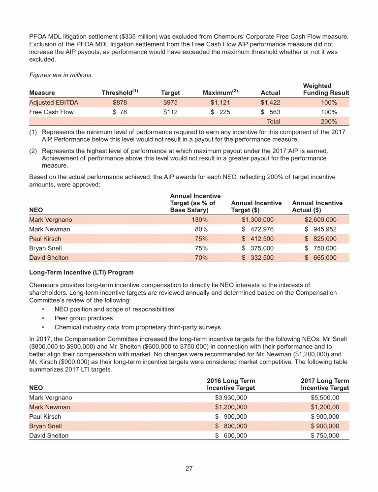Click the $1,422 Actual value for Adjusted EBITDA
270,103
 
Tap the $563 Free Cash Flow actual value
270,112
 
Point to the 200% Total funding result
329,122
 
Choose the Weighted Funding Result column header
326,89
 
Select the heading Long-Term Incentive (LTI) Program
81,272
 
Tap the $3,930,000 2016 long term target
231,398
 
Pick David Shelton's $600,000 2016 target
231,435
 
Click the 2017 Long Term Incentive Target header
324,384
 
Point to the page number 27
189,468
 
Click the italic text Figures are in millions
60,75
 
